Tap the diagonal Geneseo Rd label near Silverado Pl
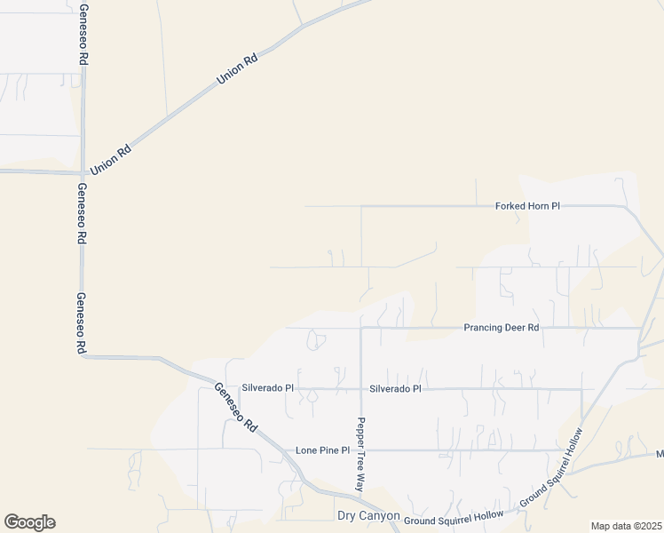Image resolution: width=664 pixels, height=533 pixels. point(235,408)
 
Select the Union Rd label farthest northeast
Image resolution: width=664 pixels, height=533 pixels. point(238,70)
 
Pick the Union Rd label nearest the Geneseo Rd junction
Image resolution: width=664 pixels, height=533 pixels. point(111,159)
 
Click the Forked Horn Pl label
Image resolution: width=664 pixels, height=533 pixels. point(527,206)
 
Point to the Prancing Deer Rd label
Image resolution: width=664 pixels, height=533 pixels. point(502,328)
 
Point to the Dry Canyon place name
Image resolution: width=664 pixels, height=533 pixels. point(364,516)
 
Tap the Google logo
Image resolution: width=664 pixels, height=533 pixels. point(29,522)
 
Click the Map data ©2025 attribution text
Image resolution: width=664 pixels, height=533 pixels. point(627,526)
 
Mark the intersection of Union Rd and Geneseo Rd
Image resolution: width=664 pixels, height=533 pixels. point(83,172)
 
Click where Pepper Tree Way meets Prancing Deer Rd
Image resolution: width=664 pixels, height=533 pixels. point(360,328)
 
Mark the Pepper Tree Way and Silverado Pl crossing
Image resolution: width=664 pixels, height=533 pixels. point(360,389)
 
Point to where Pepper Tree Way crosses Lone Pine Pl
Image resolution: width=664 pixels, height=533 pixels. point(360,450)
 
